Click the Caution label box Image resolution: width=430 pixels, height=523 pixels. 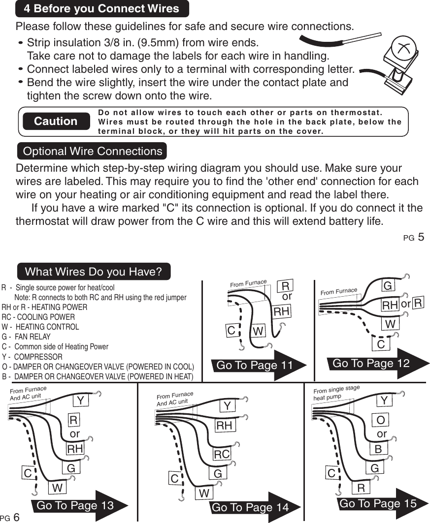[x=56, y=121]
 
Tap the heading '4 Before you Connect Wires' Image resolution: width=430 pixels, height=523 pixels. [x=101, y=8]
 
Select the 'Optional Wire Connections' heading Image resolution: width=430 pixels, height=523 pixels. [x=93, y=151]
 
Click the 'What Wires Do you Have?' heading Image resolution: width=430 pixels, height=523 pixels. [x=94, y=272]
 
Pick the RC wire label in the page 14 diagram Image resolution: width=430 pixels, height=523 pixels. [x=222, y=454]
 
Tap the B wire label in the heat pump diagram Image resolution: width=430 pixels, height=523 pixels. [x=378, y=449]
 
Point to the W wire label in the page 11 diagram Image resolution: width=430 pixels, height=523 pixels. [x=258, y=331]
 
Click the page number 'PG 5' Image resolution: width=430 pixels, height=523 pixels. [x=413, y=238]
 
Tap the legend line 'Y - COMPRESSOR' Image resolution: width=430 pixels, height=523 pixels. [x=33, y=357]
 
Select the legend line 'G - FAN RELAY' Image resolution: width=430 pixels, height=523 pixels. [x=27, y=337]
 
